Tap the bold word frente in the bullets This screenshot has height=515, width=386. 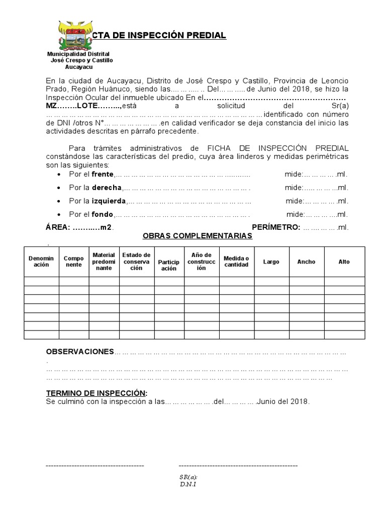click(x=103, y=175)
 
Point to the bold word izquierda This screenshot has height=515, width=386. click(x=108, y=201)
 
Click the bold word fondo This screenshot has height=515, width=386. click(x=103, y=214)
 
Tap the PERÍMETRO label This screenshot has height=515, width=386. click(x=276, y=227)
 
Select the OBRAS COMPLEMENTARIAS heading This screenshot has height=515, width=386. click(x=198, y=236)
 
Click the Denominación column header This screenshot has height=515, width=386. click(x=41, y=262)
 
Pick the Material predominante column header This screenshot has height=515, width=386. click(x=104, y=262)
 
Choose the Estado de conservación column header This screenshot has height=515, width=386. click(x=136, y=262)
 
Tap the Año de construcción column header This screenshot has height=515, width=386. click(x=201, y=262)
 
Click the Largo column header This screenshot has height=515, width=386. click(x=271, y=262)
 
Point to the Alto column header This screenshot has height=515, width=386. click(x=344, y=262)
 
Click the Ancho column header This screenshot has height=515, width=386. click(x=306, y=262)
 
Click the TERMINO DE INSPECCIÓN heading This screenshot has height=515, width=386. click(x=97, y=393)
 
